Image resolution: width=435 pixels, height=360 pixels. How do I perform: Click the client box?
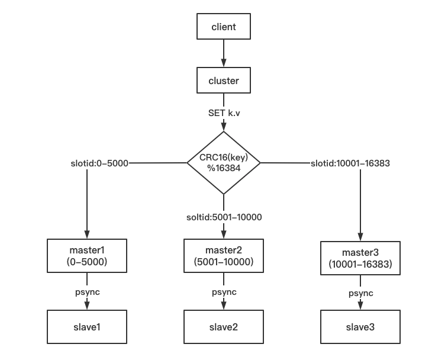(x=224, y=27)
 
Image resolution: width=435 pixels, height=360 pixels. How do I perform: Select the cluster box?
(x=224, y=81)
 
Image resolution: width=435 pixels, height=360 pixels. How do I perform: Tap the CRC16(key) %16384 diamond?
(x=224, y=162)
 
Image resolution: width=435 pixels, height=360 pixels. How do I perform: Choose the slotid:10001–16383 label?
(x=350, y=163)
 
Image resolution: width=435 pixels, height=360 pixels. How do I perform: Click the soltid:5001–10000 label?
(x=224, y=217)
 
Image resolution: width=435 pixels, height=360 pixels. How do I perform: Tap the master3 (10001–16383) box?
(x=360, y=258)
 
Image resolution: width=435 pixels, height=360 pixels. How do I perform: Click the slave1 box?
(x=87, y=326)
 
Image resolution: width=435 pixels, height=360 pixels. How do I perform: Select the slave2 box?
(x=224, y=326)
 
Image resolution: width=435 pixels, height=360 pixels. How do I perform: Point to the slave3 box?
(x=360, y=326)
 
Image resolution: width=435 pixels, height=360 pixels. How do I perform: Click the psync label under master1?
(x=87, y=292)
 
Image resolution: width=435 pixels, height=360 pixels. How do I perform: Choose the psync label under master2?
(x=224, y=292)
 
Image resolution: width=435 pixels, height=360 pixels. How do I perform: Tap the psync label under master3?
(x=360, y=293)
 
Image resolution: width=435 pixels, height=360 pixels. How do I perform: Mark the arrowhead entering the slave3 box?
(x=360, y=306)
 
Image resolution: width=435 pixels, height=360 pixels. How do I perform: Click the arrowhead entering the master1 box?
(x=87, y=235)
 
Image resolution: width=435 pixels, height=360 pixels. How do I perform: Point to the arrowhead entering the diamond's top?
(x=224, y=127)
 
